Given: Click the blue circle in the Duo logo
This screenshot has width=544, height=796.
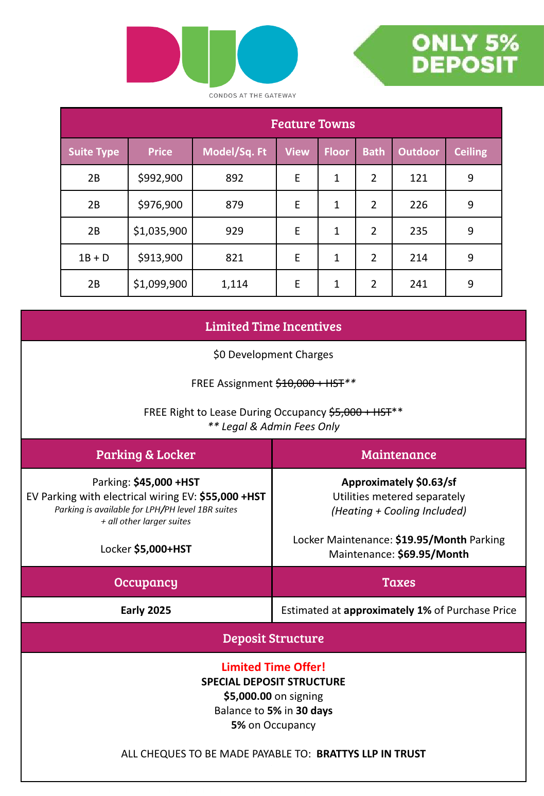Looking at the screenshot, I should [268, 55].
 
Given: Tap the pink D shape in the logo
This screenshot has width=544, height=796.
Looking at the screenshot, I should [152, 55].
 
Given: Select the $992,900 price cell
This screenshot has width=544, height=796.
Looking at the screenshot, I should [160, 178].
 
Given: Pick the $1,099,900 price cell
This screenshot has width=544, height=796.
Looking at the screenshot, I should [160, 284].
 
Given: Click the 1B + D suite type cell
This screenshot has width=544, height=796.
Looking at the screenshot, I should [94, 258].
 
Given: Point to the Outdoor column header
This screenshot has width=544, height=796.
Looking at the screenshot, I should [418, 152].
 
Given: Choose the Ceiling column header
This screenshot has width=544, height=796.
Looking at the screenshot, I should [470, 152].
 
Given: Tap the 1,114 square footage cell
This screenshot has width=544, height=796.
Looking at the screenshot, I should [234, 284].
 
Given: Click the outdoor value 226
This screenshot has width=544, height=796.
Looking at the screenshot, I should [418, 205].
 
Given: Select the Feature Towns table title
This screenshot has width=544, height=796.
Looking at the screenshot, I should [312, 124].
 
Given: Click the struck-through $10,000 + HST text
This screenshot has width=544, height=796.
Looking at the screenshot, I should [310, 383].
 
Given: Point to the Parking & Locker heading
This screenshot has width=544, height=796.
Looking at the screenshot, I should [146, 455].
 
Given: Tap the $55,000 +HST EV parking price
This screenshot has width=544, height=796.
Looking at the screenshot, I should [233, 497].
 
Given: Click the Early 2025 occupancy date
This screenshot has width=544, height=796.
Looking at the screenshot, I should [146, 610].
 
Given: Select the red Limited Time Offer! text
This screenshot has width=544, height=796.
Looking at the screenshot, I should [273, 667].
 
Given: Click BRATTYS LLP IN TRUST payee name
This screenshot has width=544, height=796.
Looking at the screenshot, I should [371, 754].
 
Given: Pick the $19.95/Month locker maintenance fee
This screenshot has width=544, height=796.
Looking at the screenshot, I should [431, 540].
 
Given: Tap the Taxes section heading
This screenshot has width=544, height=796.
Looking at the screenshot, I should [398, 582].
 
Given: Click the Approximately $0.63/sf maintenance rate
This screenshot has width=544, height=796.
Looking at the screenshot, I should [398, 482].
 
